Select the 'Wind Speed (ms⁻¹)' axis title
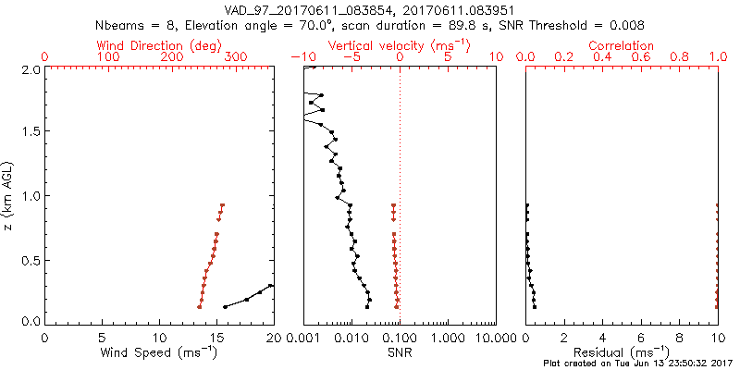click(159, 352)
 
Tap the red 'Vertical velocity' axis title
click(400, 45)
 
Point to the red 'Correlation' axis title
click(622, 45)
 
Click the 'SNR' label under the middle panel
click(400, 352)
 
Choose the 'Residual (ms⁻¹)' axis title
click(622, 352)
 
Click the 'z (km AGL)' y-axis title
click(9, 195)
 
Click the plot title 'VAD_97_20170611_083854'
click(305, 8)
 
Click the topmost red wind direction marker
click(222, 205)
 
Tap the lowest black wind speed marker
click(226, 306)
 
